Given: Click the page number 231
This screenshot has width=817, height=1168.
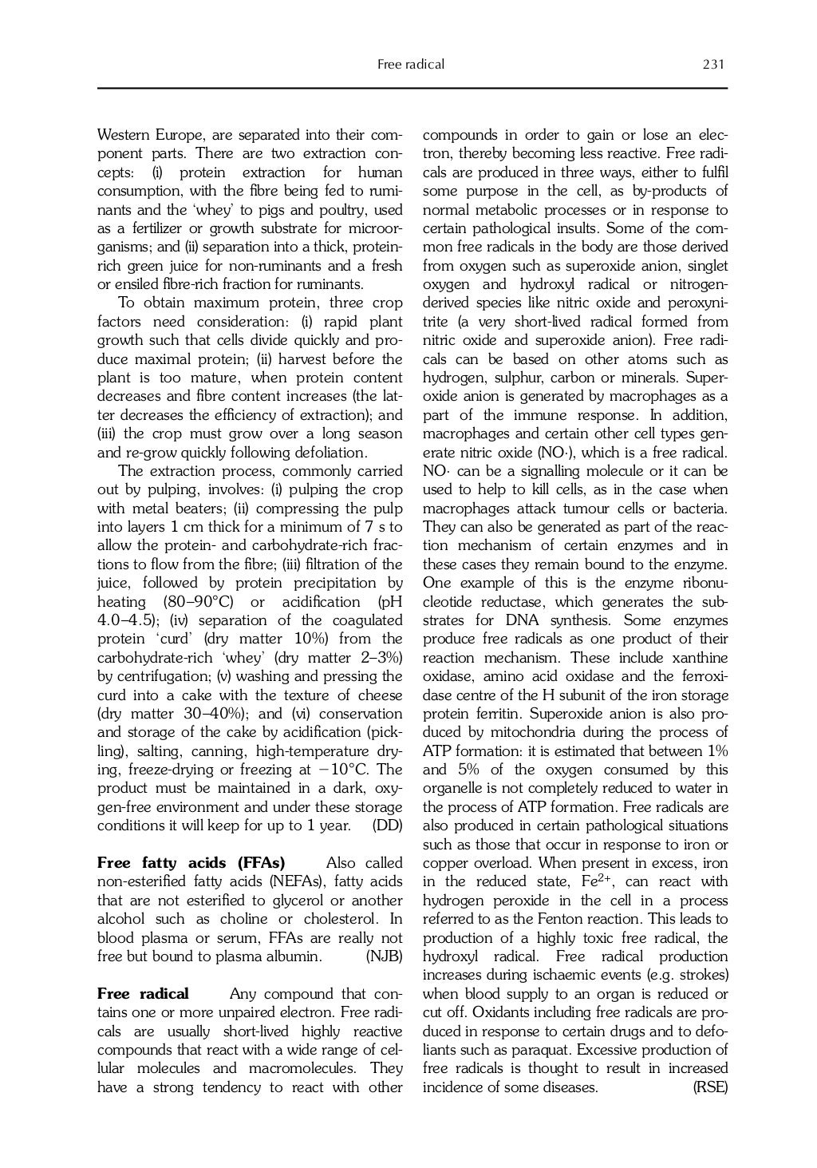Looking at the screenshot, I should click(x=713, y=65).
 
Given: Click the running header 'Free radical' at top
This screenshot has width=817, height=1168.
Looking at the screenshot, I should click(x=410, y=65).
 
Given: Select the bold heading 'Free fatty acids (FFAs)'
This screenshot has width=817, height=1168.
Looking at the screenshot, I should click(x=191, y=863).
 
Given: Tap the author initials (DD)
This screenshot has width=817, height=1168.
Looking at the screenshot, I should click(x=387, y=826).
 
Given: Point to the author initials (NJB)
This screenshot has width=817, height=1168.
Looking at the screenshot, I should click(x=384, y=956).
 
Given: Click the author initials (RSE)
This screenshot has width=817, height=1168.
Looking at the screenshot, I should click(x=710, y=1087).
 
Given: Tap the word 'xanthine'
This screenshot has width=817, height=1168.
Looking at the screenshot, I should click(x=701, y=658).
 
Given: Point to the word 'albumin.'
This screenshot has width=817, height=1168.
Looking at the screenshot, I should click(x=293, y=956).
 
